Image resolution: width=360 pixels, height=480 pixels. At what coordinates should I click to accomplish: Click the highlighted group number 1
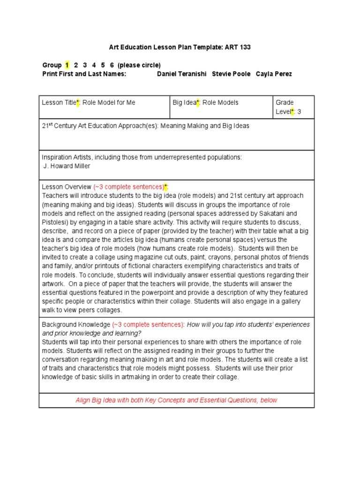coord(67,65)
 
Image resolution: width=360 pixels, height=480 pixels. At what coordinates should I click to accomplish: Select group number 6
coord(111,65)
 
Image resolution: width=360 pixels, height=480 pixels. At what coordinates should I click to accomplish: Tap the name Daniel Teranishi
coord(182,74)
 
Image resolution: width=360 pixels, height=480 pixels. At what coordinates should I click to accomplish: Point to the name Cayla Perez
coord(274,74)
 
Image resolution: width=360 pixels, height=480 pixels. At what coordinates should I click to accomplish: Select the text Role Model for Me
coord(109,103)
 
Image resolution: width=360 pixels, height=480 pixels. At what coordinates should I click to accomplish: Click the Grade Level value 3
coord(299,112)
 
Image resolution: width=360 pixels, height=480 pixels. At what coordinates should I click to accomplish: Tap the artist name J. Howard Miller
coord(67,166)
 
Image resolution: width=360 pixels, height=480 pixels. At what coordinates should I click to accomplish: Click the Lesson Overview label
coord(67,187)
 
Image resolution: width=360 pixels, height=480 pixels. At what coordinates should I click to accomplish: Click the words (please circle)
coord(139,65)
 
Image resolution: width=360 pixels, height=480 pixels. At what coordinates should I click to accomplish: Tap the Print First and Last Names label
coord(84,74)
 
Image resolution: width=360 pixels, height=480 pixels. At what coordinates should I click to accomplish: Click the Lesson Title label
coord(60,103)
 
